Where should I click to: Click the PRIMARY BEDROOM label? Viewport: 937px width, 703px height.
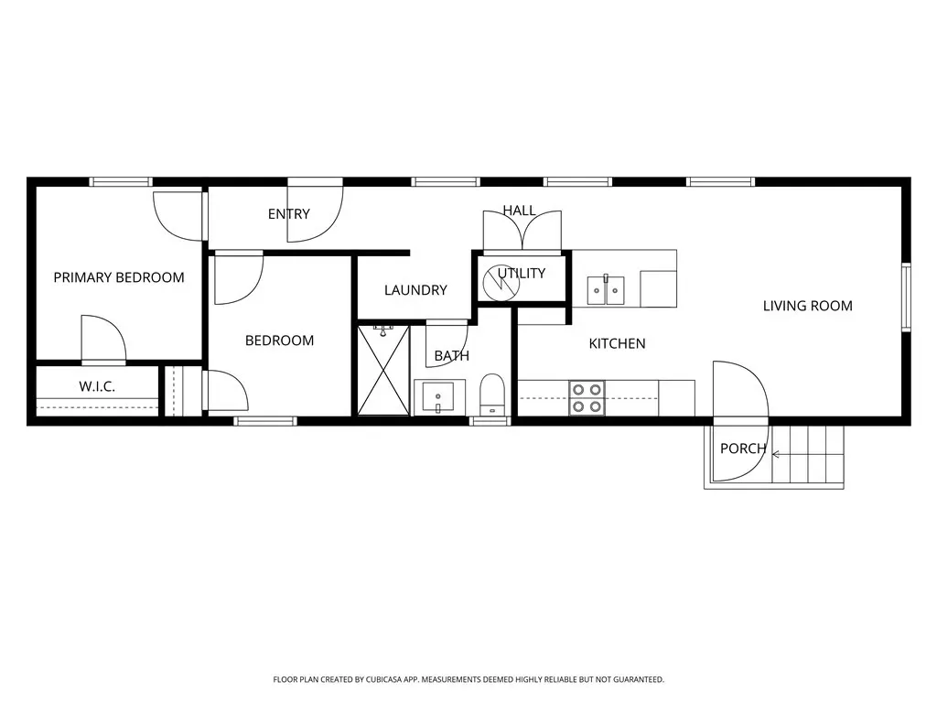pos(119,277)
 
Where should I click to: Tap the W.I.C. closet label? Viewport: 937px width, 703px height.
pos(97,387)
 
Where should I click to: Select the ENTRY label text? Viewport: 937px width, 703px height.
pos(288,214)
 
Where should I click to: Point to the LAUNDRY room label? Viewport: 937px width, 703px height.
pos(415,290)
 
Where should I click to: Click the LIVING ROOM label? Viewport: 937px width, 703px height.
pos(807,306)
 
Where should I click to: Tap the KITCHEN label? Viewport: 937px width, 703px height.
pos(617,344)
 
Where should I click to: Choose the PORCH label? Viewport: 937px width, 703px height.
pos(743,449)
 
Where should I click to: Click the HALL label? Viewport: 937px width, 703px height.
pos(519,211)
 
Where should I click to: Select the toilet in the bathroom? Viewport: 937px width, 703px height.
pos(492,395)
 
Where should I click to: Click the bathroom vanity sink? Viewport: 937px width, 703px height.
pos(438,396)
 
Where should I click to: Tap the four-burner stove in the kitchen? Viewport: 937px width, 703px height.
pos(587,398)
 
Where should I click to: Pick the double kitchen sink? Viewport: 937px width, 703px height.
pos(606,290)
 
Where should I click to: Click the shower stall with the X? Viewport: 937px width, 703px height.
pos(383,370)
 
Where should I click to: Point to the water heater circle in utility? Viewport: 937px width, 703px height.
pos(501,283)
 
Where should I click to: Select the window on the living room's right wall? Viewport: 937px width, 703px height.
pos(906,297)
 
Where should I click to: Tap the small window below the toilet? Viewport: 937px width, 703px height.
pos(490,421)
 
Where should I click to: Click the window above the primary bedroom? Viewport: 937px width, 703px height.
pos(121,182)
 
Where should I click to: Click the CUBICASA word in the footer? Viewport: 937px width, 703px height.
pos(386,680)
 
